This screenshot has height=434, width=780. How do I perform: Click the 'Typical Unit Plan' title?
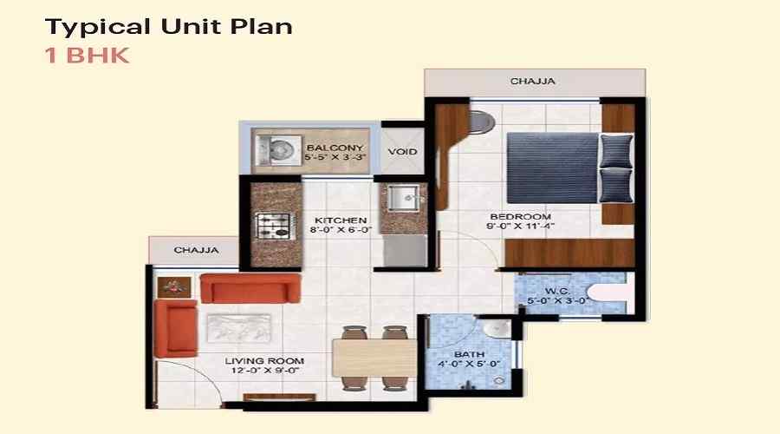point(168,26)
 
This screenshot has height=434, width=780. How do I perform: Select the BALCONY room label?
point(335,148)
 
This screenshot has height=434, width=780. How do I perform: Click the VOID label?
point(402,152)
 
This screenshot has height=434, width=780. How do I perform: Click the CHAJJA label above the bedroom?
point(532,82)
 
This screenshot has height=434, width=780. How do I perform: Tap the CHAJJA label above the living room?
point(196,250)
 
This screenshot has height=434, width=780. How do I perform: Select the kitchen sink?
point(403,198)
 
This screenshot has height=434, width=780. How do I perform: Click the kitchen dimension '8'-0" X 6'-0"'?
point(341,232)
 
